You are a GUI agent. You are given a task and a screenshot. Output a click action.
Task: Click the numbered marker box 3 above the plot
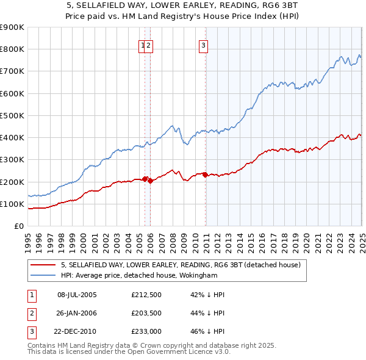coord(203,44)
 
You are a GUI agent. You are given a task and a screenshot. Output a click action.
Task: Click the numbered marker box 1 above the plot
coord(143,44)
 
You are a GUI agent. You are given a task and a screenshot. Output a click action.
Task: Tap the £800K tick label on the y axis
coord(12,49)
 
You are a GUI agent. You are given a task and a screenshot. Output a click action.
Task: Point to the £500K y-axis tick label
coord(12,115)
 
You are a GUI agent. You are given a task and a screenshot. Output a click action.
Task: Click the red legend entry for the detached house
coord(181,265)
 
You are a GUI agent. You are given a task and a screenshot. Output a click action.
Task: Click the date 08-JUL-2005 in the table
coord(77,295)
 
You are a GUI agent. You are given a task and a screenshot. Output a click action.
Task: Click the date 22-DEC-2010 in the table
coord(77,333)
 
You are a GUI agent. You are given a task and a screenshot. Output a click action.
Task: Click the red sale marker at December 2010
coord(205,175)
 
